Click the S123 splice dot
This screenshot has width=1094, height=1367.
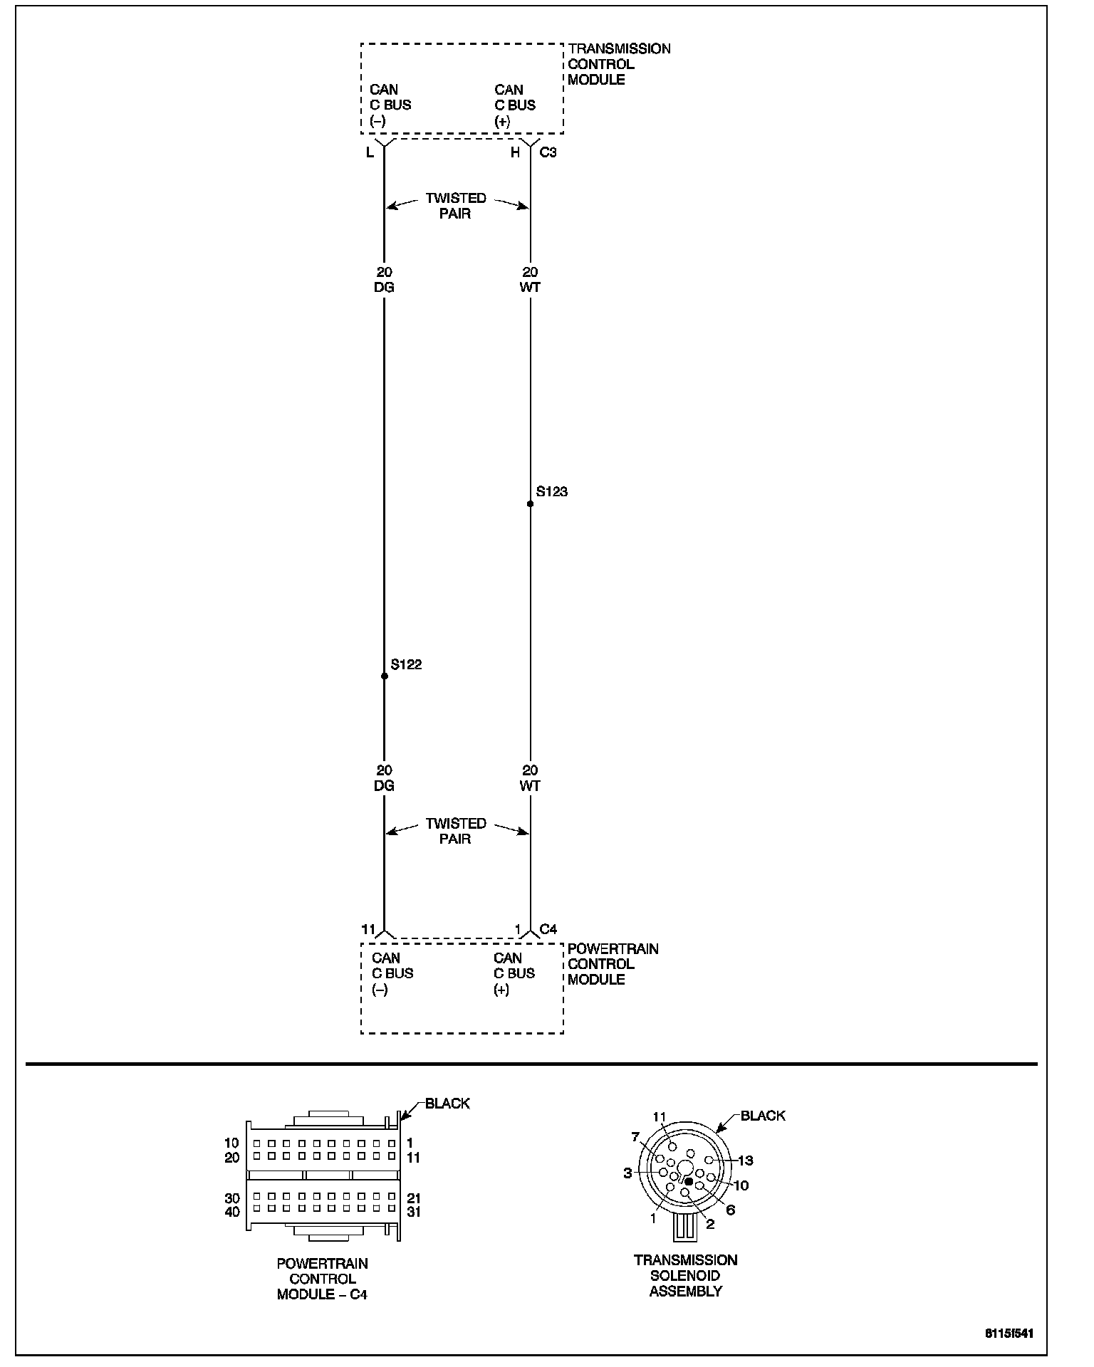click(x=530, y=504)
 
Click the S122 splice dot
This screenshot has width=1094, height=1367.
click(x=385, y=676)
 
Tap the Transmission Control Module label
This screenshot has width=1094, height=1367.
click(x=618, y=64)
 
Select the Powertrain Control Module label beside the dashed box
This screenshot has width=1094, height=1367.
click(x=613, y=964)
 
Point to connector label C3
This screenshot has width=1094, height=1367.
click(x=548, y=152)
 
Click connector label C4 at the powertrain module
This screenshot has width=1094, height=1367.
click(x=548, y=928)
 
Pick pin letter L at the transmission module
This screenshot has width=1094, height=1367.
click(x=370, y=152)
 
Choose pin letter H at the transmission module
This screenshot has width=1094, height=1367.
click(x=515, y=152)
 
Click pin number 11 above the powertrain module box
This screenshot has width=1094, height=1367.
click(x=368, y=928)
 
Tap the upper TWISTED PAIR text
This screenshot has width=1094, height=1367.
click(x=456, y=206)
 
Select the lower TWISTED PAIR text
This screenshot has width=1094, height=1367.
click(x=456, y=831)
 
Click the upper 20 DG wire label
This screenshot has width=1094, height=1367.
click(x=384, y=280)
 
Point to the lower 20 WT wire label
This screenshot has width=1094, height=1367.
click(x=530, y=778)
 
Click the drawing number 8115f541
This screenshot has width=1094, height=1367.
click(x=1009, y=1333)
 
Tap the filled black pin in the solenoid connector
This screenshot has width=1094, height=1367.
click(x=688, y=1182)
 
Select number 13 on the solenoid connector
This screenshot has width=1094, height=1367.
click(x=745, y=1161)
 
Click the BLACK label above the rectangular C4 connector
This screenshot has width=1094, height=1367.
click(x=447, y=1104)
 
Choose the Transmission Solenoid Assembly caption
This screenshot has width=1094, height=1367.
click(x=685, y=1275)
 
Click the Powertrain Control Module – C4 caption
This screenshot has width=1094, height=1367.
click(x=322, y=1279)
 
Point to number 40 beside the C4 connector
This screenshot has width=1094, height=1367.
click(x=232, y=1212)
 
